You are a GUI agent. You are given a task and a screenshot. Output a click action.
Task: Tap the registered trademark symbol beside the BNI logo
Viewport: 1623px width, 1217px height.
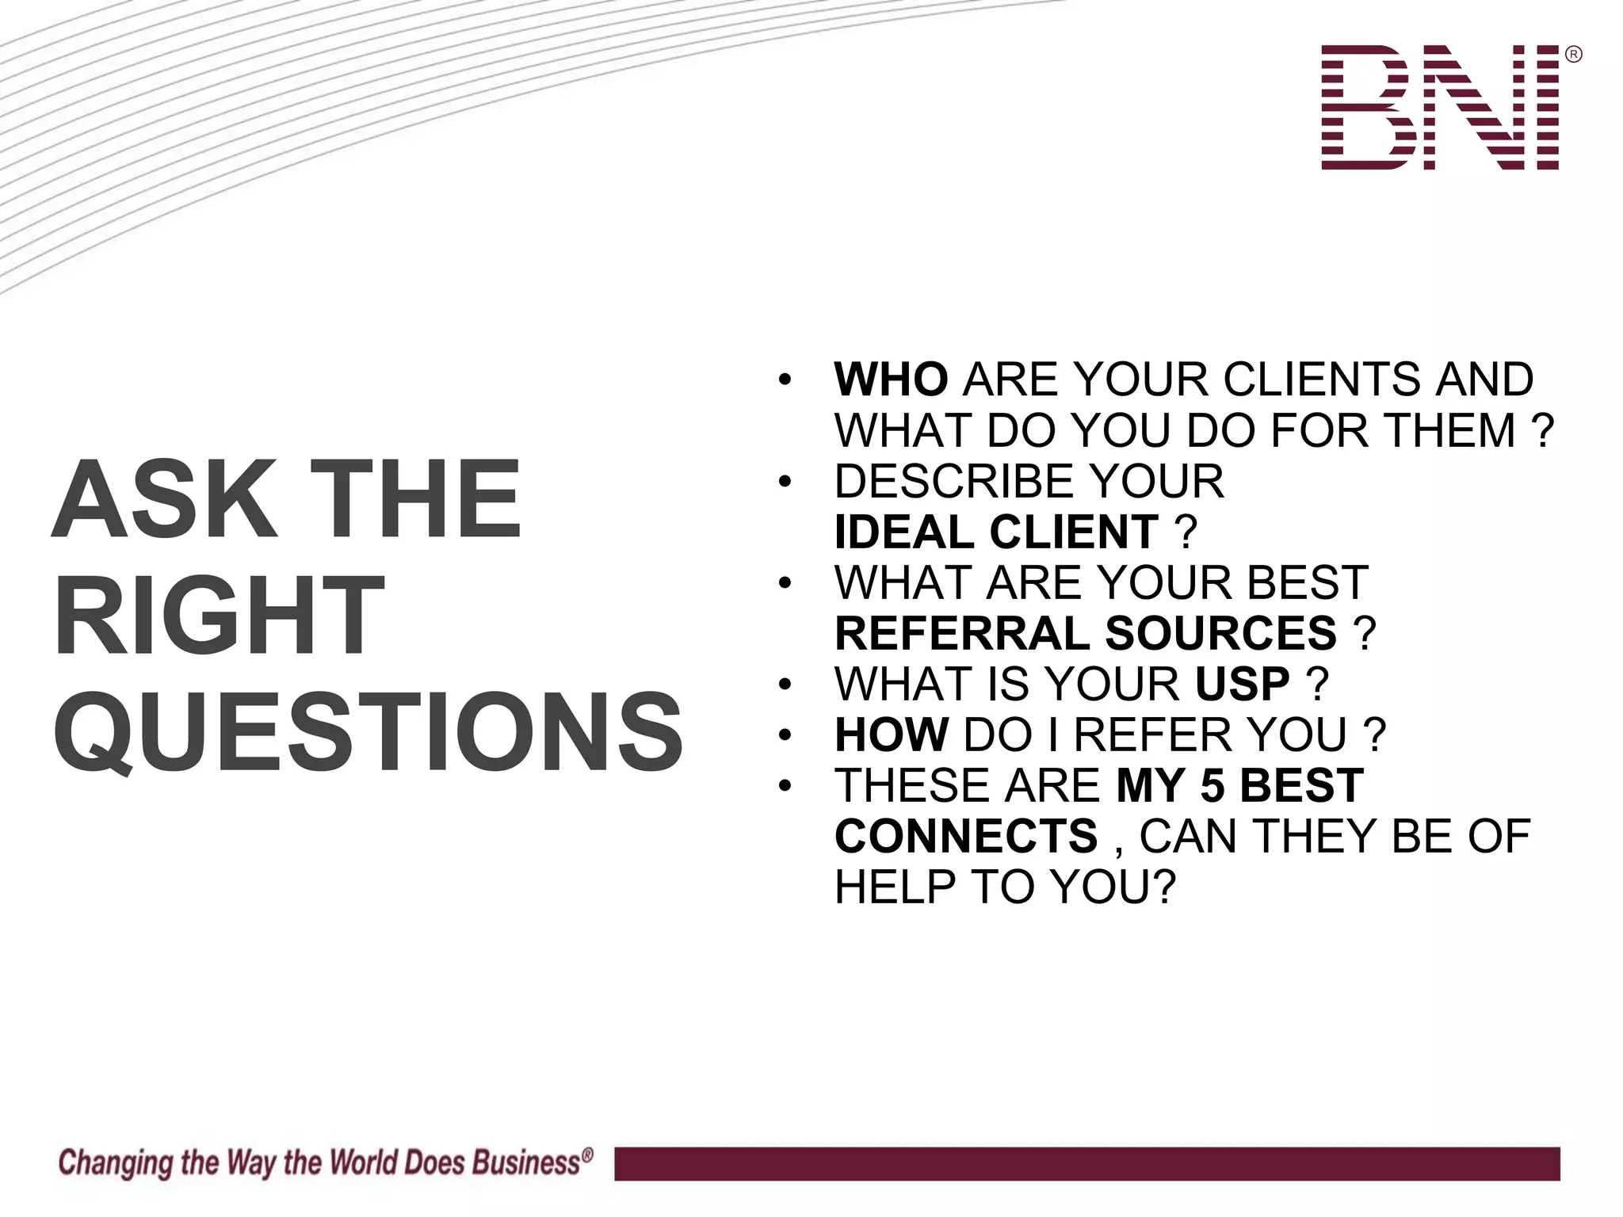(x=1574, y=55)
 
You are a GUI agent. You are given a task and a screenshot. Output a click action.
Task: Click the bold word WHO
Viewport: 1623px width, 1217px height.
(x=891, y=380)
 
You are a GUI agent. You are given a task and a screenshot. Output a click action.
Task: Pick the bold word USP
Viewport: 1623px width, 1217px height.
(x=1242, y=684)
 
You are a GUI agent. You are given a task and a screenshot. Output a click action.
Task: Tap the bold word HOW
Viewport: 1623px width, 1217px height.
(x=891, y=734)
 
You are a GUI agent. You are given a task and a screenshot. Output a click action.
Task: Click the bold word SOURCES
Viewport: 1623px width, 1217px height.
(x=1220, y=633)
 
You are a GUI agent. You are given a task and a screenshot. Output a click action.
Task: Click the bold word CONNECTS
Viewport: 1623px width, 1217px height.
(x=966, y=836)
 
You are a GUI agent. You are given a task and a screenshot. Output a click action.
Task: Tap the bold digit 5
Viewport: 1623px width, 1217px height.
(x=1212, y=785)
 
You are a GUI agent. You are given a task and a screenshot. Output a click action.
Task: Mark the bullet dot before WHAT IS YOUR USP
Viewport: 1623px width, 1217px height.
(x=785, y=684)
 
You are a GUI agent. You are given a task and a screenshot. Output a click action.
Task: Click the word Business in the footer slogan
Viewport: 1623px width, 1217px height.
(x=526, y=1162)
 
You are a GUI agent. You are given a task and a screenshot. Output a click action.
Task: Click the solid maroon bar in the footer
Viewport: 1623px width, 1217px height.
(x=1086, y=1163)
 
